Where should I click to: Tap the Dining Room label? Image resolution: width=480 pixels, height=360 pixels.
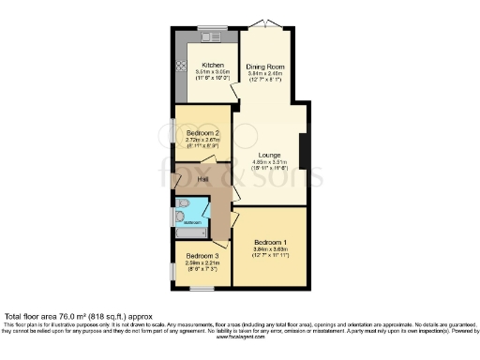(x=264, y=67)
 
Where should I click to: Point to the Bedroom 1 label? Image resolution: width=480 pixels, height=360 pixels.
(x=270, y=242)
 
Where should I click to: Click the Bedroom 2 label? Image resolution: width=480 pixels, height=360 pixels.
(x=202, y=134)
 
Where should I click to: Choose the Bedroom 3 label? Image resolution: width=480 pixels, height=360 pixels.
(x=202, y=256)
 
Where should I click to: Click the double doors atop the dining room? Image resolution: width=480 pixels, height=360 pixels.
(x=266, y=26)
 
